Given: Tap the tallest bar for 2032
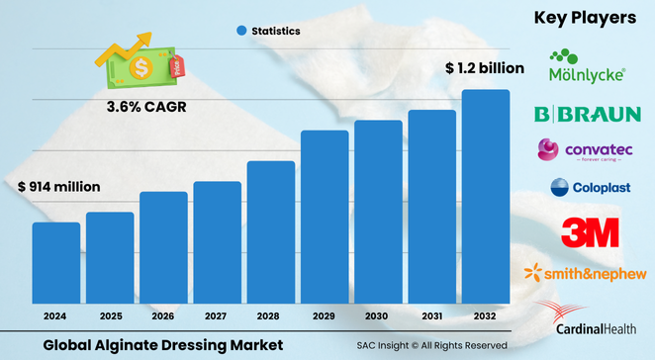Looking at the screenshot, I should click(486, 197).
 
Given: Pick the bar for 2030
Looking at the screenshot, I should click(378, 212).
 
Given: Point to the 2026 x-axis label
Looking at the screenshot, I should click(163, 316).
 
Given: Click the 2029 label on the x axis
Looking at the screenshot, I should click(325, 316).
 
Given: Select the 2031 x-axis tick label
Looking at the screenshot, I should click(431, 316).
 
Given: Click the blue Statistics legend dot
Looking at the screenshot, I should click(240, 32).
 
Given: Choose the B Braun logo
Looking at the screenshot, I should click(587, 114).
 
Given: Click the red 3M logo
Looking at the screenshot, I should click(590, 232).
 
